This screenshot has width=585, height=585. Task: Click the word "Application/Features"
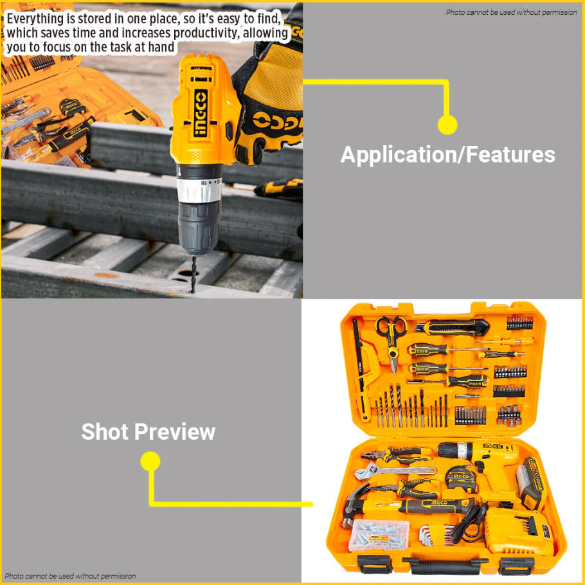447,155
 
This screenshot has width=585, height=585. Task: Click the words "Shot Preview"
148,431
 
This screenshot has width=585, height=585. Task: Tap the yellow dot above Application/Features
447,125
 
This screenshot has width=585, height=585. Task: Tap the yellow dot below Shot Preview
150,462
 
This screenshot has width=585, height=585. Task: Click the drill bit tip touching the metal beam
193,291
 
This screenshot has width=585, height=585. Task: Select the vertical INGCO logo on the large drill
201,113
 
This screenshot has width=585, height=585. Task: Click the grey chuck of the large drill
198,228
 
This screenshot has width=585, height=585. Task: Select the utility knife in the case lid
452,328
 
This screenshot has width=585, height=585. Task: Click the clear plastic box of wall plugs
379,535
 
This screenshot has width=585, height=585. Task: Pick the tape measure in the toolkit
462,479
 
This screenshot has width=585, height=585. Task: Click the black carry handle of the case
444,565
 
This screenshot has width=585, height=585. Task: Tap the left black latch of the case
375,563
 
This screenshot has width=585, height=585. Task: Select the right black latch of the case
516,566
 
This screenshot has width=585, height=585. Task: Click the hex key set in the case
437,535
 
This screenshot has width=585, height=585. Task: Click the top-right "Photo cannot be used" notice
512,12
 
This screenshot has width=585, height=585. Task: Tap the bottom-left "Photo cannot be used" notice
70,576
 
